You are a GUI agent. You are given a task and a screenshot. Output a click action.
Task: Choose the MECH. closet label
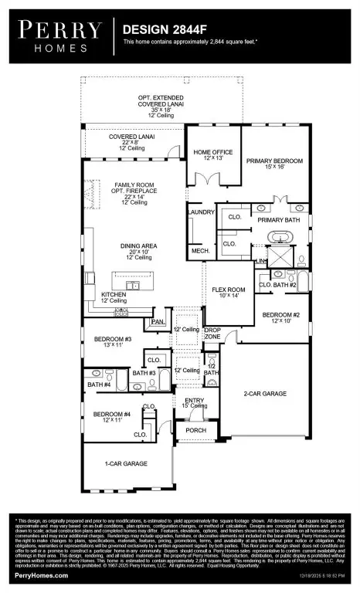(201, 251)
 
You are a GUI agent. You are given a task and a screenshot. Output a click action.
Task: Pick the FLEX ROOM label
(229, 292)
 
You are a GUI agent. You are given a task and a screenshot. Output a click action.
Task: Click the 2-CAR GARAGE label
(265, 394)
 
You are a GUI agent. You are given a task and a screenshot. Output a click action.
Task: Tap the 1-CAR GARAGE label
(126, 463)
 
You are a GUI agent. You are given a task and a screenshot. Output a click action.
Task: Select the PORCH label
(195, 431)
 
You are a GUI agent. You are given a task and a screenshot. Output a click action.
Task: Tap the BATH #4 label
(99, 385)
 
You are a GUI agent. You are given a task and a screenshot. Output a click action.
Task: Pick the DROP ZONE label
(212, 334)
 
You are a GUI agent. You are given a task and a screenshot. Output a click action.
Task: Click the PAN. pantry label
(158, 321)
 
